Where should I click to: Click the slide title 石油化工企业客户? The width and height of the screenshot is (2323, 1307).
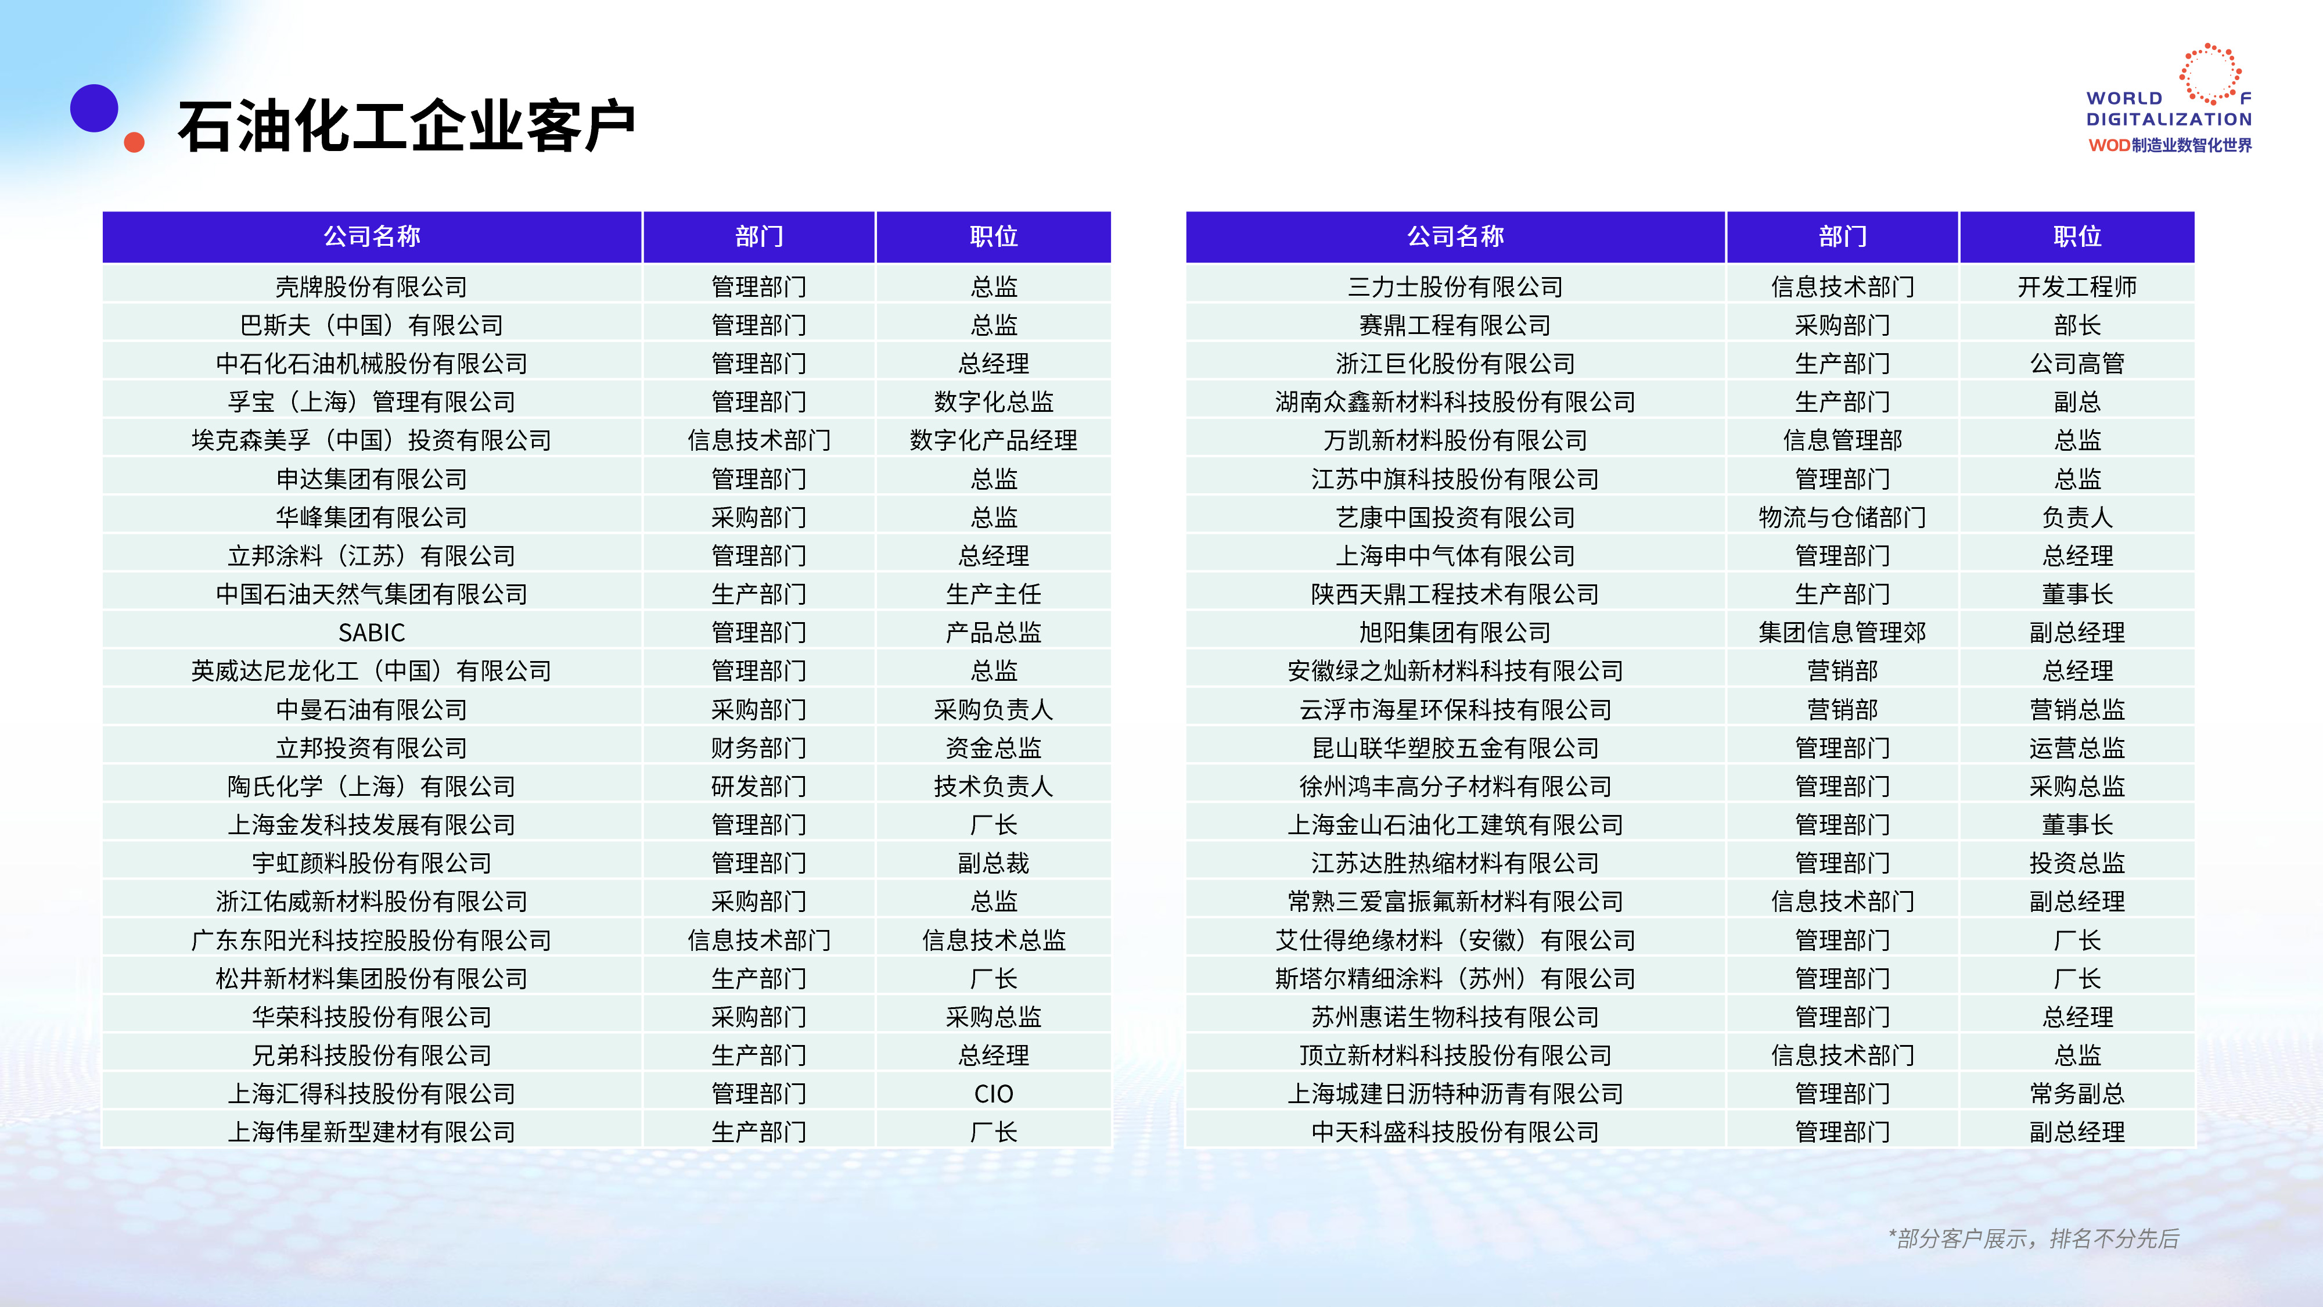[407, 125]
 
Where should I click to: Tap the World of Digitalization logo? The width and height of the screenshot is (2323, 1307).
[2169, 99]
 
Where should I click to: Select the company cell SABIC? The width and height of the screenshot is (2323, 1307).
[372, 633]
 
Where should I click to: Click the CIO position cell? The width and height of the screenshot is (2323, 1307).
[994, 1093]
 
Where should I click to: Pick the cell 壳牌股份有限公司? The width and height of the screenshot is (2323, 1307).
[372, 287]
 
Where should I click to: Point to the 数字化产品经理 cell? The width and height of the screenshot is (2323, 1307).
[994, 440]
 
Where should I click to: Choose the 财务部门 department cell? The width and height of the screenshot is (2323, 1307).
[759, 748]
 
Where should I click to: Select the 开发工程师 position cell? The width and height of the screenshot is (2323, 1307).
[2077, 287]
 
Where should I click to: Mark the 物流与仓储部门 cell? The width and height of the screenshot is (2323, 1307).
[1842, 517]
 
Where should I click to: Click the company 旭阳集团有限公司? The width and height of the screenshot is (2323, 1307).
[1455, 633]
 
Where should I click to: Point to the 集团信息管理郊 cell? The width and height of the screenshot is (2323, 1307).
[1842, 633]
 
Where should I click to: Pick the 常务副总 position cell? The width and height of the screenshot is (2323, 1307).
[2077, 1093]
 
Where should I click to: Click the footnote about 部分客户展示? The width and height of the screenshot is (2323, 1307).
[2034, 1238]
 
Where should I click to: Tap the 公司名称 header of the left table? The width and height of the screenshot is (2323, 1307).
[372, 236]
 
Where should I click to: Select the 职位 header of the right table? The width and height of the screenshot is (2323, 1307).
[2077, 236]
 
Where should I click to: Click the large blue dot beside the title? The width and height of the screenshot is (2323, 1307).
[94, 108]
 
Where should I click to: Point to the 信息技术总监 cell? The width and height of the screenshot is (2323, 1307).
[994, 940]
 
